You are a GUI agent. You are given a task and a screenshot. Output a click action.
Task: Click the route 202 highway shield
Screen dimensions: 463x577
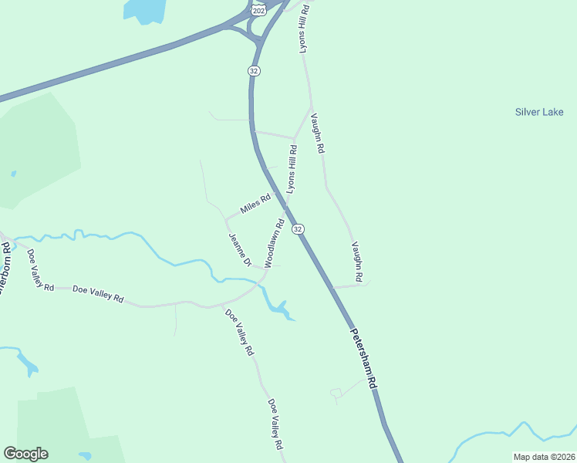point(259,8)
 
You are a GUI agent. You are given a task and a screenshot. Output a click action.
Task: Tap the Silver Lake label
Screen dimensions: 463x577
point(539,113)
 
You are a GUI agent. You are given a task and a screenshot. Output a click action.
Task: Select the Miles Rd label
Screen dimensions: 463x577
point(255,204)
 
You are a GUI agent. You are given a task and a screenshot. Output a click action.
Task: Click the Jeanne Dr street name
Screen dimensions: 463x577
point(240,250)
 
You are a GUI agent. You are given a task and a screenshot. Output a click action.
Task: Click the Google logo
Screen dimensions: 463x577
point(25,454)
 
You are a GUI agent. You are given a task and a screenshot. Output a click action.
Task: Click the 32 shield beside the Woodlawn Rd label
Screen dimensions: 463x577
point(299,229)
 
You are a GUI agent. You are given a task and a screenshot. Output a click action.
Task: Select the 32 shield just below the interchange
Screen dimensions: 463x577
point(254,70)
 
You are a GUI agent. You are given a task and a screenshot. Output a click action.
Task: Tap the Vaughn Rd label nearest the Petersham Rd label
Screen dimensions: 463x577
point(357,261)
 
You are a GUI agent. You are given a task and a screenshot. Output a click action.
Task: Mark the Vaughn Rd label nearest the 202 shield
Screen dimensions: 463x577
point(316,133)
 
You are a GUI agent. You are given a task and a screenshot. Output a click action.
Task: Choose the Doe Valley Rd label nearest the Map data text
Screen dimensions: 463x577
point(275,424)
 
